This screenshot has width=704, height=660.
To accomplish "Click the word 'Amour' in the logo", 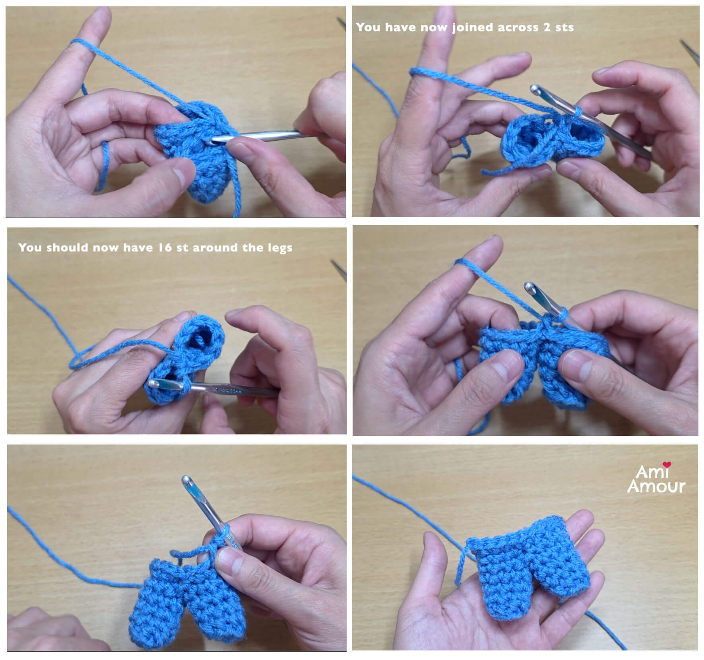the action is tap(656, 486).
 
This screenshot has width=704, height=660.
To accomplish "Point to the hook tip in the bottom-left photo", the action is tap(186, 480).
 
